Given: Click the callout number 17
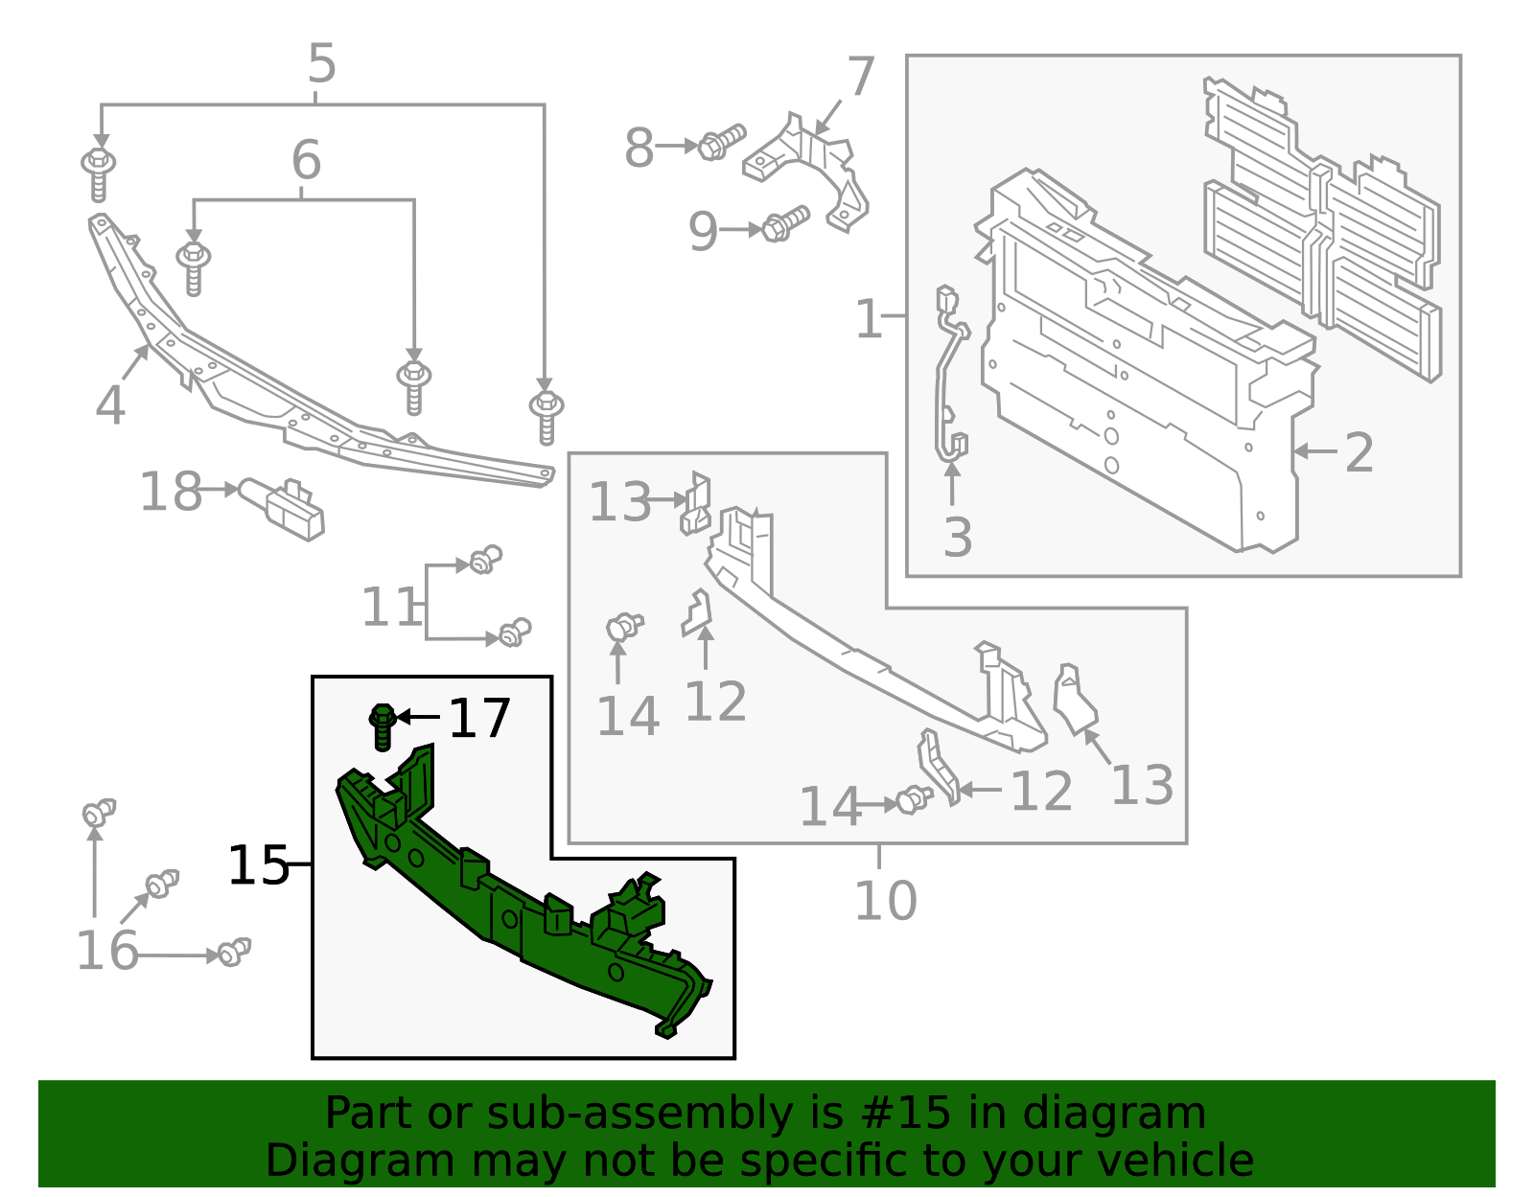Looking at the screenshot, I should (x=479, y=718).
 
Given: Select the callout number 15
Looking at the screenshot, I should (x=257, y=865).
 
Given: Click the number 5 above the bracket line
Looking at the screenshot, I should (x=322, y=64).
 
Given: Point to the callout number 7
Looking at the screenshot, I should (x=860, y=77).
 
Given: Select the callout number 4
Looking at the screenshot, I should (x=110, y=405).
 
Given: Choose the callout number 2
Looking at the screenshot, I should (x=1360, y=452).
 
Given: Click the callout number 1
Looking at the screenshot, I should (x=868, y=319).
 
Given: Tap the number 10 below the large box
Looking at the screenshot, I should (x=885, y=901).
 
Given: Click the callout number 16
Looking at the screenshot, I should (x=107, y=951).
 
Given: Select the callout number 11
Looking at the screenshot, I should (x=390, y=608).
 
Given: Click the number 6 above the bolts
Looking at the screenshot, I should (x=306, y=160).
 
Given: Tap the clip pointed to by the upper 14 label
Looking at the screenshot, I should (x=623, y=628).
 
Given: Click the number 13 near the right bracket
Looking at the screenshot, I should (x=1141, y=786).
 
